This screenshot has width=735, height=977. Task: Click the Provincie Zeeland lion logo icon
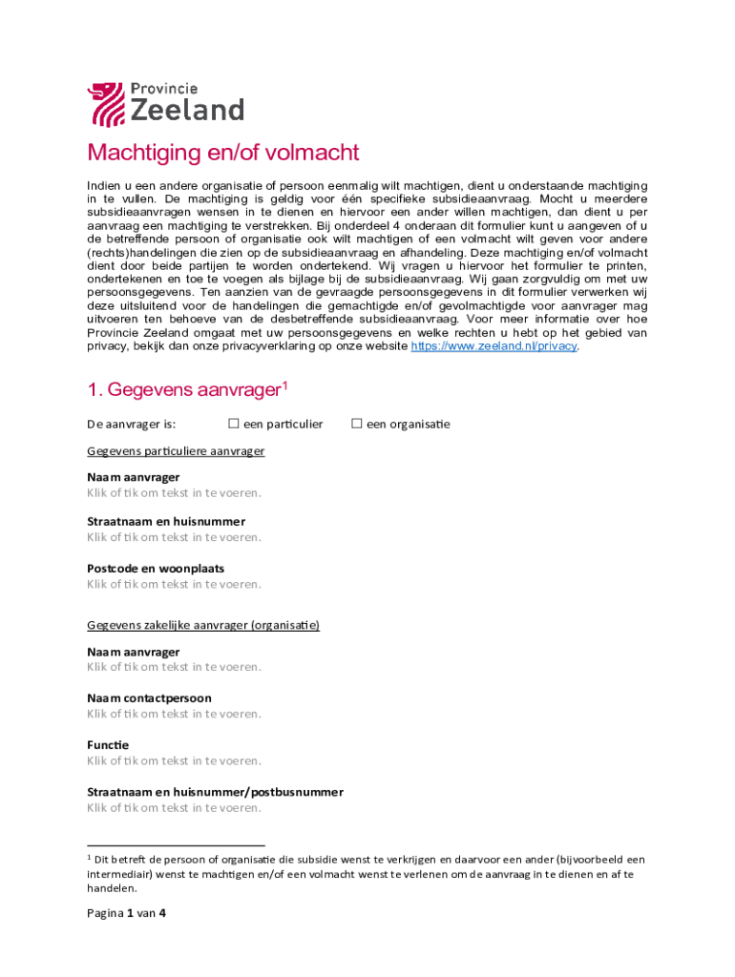105,104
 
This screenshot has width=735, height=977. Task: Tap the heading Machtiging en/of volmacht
222,153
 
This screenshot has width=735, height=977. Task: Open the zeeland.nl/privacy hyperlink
493,346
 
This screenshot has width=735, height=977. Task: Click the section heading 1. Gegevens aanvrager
187,390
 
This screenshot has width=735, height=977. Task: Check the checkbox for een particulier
233,424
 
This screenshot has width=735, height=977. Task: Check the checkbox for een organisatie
357,424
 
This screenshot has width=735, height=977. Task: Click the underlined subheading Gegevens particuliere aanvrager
176,450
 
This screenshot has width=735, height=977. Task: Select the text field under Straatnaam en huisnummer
174,537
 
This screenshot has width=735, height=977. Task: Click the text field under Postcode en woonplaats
174,584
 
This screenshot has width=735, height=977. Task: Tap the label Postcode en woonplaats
156,568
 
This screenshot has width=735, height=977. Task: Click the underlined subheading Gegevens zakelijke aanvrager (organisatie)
202,625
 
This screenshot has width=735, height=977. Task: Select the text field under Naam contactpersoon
174,714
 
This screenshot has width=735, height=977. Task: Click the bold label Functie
108,744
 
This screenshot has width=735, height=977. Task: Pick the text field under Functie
174,760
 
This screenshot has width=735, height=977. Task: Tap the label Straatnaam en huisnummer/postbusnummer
215,792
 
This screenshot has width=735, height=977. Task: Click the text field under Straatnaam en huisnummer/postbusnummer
174,808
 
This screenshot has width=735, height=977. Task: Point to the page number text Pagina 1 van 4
127,913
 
